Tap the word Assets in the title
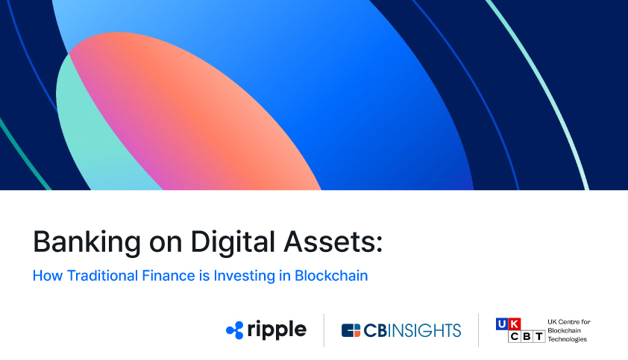320,242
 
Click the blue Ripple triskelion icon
235,330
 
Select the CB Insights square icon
351,330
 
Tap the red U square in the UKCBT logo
503,323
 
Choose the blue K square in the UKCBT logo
515,323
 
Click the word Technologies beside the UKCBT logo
568,339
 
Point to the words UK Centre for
568,321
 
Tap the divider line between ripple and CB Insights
324,330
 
